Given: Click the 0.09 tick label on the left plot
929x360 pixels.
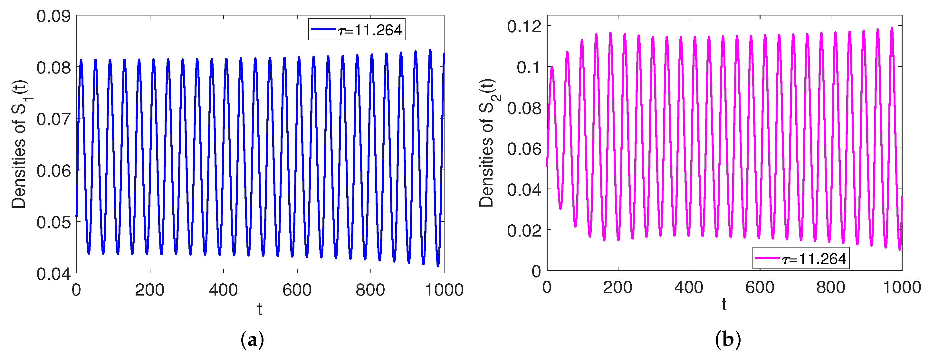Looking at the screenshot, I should pyautogui.click(x=53, y=16).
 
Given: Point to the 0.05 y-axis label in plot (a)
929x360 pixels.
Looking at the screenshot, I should pyautogui.click(x=53, y=222).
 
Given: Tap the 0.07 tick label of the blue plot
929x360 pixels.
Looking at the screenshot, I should pyautogui.click(x=53, y=119).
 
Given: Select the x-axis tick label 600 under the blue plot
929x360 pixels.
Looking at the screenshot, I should pyautogui.click(x=297, y=290).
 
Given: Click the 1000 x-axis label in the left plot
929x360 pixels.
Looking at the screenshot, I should pyautogui.click(x=444, y=290).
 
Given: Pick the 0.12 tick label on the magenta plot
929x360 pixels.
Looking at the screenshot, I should pyautogui.click(x=524, y=26).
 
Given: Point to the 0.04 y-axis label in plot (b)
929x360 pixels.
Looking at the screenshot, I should pyautogui.click(x=524, y=190).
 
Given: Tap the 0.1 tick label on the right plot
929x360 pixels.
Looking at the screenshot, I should pyautogui.click(x=529, y=67).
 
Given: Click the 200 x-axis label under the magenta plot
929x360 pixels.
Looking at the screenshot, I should pyautogui.click(x=618, y=287).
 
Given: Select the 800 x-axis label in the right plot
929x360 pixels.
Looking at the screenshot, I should pyautogui.click(x=831, y=287).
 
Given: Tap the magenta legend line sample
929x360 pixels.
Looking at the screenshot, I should pyautogui.click(x=767, y=258).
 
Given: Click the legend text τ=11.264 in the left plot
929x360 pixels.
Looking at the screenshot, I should pyautogui.click(x=370, y=30).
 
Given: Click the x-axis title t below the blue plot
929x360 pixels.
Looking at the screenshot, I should pyautogui.click(x=259, y=309).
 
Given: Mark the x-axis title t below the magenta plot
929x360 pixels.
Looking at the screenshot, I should pyautogui.click(x=724, y=305).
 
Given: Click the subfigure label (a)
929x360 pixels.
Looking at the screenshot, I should pyautogui.click(x=252, y=340).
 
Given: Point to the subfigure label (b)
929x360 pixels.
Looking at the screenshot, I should pyautogui.click(x=728, y=340).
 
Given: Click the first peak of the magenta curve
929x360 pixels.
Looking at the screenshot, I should pyautogui.click(x=552, y=67).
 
